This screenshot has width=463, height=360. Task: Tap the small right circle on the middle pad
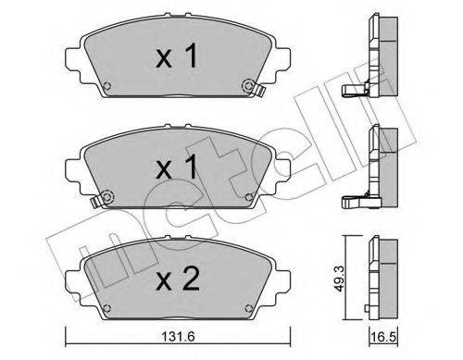click(x=247, y=196)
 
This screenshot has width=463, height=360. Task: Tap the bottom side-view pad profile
click(x=379, y=275)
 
